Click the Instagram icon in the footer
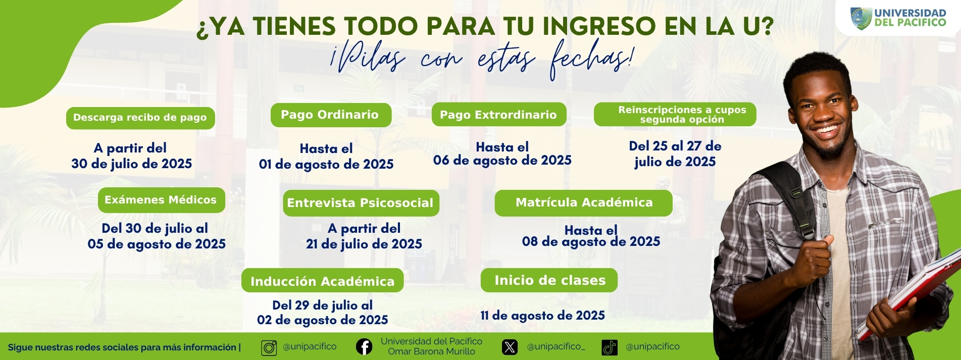269,348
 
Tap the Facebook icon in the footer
364,347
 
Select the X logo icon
510,347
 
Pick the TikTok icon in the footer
610,347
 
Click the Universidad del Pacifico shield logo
861,19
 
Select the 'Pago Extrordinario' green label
499,115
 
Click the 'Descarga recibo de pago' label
140,118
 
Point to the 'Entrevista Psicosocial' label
361,203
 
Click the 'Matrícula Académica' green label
583,203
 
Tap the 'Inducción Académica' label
322,281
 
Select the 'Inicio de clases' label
549,280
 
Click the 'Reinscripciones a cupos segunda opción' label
675,115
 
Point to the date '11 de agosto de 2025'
542,316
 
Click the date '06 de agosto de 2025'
502,161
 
